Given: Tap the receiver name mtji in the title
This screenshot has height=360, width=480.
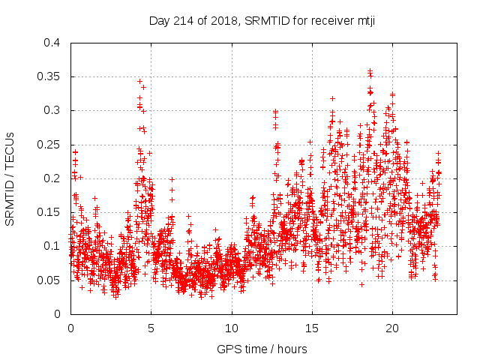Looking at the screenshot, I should pyautogui.click(x=364, y=20).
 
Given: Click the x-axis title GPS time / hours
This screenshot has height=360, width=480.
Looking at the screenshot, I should pyautogui.click(x=262, y=349).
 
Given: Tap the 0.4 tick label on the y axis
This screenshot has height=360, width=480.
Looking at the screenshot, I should pyautogui.click(x=51, y=43).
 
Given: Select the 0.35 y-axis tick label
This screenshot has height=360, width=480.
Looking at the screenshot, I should pyautogui.click(x=48, y=76).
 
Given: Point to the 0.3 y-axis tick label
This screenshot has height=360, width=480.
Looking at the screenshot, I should pyautogui.click(x=51, y=110).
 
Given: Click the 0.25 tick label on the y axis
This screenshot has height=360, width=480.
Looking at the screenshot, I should pyautogui.click(x=48, y=144).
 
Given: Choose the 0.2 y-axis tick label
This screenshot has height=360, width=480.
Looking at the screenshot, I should pyautogui.click(x=51, y=178).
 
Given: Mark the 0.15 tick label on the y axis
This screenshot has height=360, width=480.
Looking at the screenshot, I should pyautogui.click(x=48, y=212).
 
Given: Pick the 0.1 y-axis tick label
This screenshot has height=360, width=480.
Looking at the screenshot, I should pyautogui.click(x=51, y=246).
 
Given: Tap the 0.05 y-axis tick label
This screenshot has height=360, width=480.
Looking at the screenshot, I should pyautogui.click(x=48, y=280).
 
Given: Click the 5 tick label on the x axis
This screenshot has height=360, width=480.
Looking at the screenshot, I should pyautogui.click(x=151, y=328).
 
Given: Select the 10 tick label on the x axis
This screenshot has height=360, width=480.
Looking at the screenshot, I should pyautogui.click(x=231, y=328).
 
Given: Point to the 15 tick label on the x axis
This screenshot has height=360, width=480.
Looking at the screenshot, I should pyautogui.click(x=311, y=328).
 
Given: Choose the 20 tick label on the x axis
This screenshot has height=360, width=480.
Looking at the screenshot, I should pyautogui.click(x=391, y=328).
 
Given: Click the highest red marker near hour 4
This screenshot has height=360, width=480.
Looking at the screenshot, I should pyautogui.click(x=139, y=81).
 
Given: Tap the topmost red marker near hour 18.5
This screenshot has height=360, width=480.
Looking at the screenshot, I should pyautogui.click(x=370, y=71).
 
